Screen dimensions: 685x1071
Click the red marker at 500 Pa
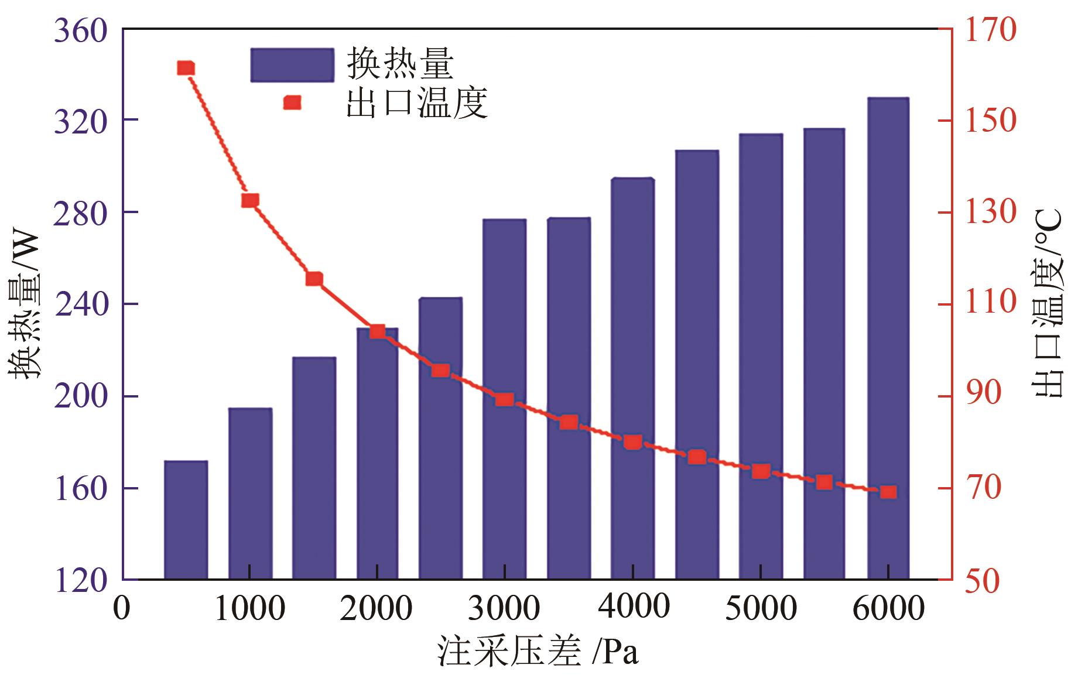pos(186,68)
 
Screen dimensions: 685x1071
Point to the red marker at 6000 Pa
pos(888,492)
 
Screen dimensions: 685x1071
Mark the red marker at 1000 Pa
pos(250,201)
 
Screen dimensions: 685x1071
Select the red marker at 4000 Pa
pos(632,442)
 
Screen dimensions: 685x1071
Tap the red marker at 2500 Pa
pos(440,371)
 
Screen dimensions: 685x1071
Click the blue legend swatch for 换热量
pos(292,65)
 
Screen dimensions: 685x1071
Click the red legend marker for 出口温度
pos(292,103)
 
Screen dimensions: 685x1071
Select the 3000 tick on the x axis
pos(504,609)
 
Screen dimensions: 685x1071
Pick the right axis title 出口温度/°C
pos(1048,304)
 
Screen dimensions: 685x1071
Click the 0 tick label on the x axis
pos(122,609)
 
